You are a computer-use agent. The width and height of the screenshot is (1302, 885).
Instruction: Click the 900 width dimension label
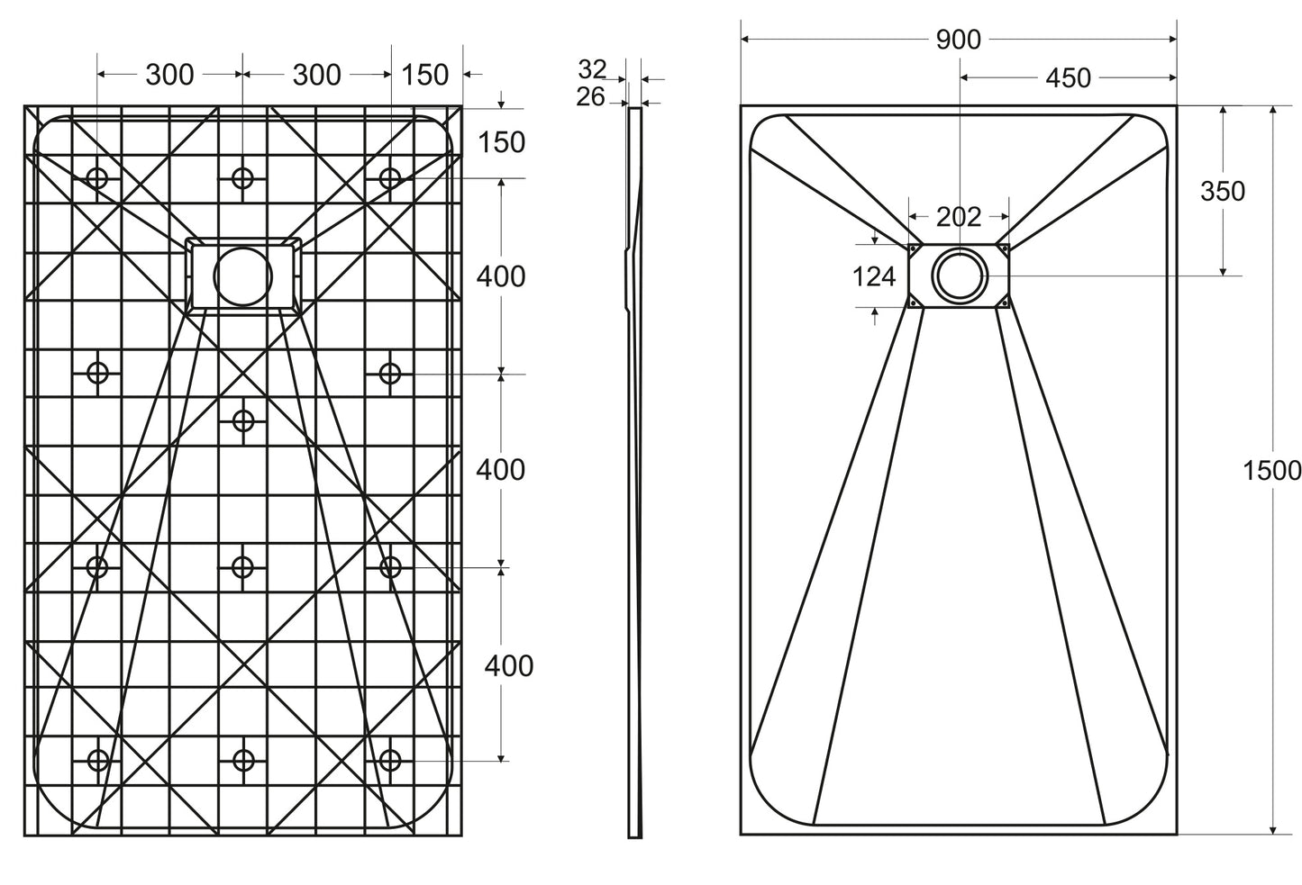(958, 40)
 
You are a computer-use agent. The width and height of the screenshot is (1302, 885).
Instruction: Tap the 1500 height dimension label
(1270, 470)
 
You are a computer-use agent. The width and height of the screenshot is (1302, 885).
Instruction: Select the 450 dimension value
(1068, 78)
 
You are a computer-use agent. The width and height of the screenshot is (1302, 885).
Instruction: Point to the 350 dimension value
(1223, 191)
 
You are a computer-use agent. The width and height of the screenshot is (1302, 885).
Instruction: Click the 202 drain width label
(958, 217)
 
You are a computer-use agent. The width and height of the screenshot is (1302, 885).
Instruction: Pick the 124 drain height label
(873, 276)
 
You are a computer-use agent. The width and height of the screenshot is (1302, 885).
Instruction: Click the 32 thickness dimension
(592, 68)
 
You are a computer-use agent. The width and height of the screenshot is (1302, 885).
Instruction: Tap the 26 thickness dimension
(590, 96)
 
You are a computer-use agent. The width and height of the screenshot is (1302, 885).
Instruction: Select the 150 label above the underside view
(424, 75)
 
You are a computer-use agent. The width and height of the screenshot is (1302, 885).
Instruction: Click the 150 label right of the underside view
(501, 142)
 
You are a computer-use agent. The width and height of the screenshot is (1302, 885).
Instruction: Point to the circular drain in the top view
(959, 275)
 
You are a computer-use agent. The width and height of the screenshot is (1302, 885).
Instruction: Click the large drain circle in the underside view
(242, 275)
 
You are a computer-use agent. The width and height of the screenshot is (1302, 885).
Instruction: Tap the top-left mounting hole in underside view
(97, 178)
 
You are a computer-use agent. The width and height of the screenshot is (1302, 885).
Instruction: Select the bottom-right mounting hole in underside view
(389, 761)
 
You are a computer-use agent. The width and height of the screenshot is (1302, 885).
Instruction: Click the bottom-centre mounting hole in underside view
(242, 761)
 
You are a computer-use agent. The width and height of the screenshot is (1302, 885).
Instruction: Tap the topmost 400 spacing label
(501, 276)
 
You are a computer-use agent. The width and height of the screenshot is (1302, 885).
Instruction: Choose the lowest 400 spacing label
(509, 665)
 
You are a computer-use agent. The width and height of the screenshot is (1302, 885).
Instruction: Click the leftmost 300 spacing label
(169, 75)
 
